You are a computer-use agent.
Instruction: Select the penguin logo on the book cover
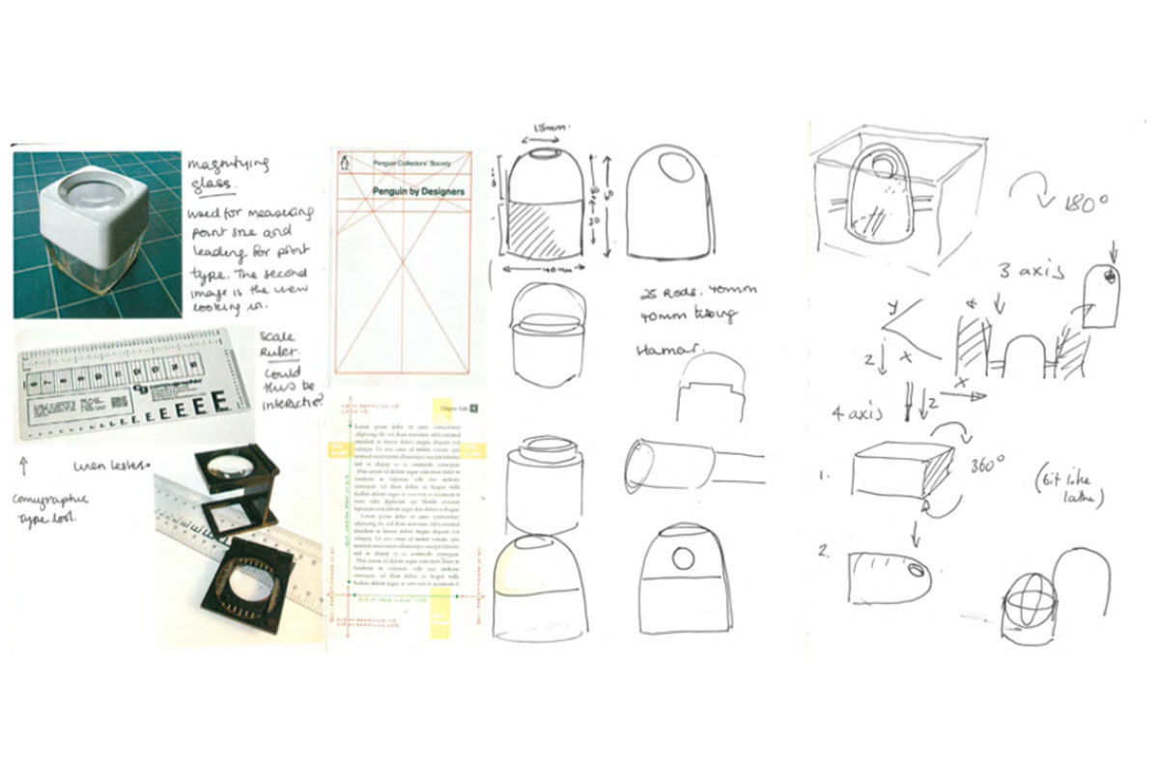344,164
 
